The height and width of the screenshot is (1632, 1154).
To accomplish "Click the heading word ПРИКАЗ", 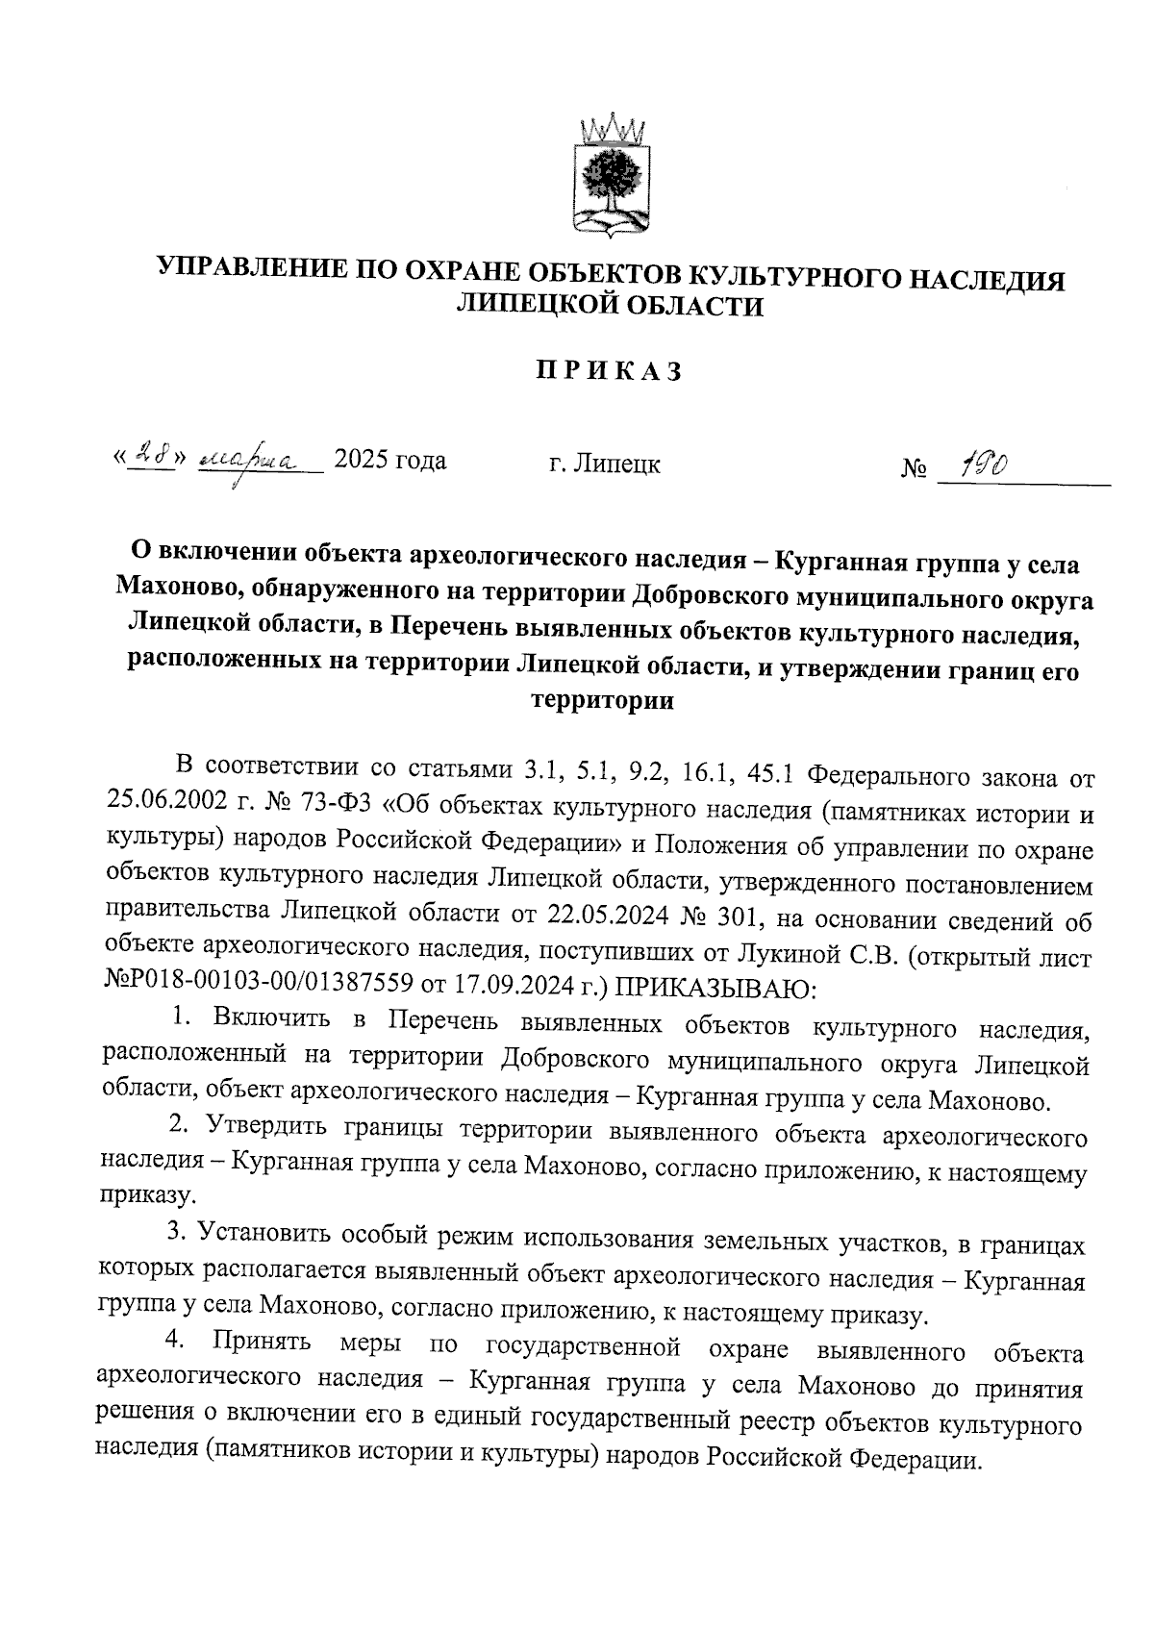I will [x=608, y=371].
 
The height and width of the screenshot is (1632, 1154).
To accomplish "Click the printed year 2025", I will [x=361, y=462].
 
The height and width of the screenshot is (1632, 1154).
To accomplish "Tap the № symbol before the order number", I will [x=915, y=470].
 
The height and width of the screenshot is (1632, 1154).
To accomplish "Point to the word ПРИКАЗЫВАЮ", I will [x=715, y=987].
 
